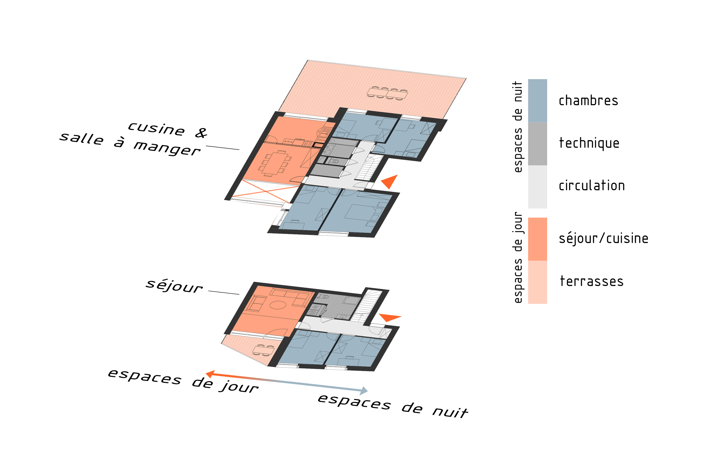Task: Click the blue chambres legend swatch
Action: pyautogui.click(x=537, y=101)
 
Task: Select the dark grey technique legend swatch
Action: pyautogui.click(x=537, y=144)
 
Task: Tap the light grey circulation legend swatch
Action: pyautogui.click(x=537, y=187)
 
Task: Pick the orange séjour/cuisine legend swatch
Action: pyautogui.click(x=537, y=239)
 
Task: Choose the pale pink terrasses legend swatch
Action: pyautogui.click(x=537, y=282)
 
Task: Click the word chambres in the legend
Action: pyautogui.click(x=588, y=101)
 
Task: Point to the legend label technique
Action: pyautogui.click(x=589, y=143)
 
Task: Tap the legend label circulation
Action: pyautogui.click(x=592, y=185)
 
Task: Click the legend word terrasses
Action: pyautogui.click(x=591, y=281)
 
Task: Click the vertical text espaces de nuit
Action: pyautogui.click(x=518, y=127)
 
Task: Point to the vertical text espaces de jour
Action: pyautogui.click(x=518, y=257)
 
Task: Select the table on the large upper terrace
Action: pyautogui.click(x=387, y=93)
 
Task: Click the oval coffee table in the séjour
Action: pyautogui.click(x=278, y=305)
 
